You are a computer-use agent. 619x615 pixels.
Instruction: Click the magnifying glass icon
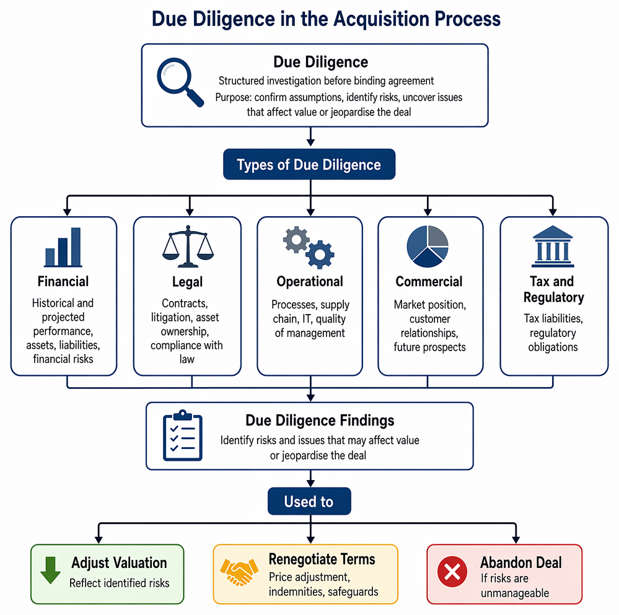(x=180, y=82)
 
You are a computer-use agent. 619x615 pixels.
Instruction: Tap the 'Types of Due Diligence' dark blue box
(x=309, y=164)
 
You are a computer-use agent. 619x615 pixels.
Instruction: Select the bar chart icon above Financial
(x=63, y=247)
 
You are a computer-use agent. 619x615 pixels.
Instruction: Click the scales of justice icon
(x=188, y=246)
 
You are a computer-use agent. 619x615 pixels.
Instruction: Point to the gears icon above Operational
(x=309, y=247)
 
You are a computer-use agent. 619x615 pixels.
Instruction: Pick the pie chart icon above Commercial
(x=428, y=246)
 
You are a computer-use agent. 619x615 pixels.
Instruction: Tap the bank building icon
(x=553, y=246)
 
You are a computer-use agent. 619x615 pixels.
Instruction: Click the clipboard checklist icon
(x=182, y=435)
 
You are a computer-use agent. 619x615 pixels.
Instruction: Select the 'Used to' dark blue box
(x=309, y=501)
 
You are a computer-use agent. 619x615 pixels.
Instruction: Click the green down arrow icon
(x=51, y=570)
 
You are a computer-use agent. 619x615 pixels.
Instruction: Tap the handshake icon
(x=239, y=572)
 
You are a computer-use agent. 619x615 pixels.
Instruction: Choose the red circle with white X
(x=452, y=572)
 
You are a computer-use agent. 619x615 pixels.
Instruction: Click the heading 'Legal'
(x=188, y=282)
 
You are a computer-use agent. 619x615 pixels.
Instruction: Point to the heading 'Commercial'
(x=429, y=281)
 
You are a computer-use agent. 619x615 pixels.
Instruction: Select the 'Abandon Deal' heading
(x=520, y=562)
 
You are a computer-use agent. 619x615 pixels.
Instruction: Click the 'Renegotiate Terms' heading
(x=322, y=559)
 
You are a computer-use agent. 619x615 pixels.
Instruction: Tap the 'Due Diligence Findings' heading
(x=320, y=421)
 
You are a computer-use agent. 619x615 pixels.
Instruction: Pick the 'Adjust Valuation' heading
(x=119, y=563)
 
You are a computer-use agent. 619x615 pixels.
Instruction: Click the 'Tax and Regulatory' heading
(x=553, y=289)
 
